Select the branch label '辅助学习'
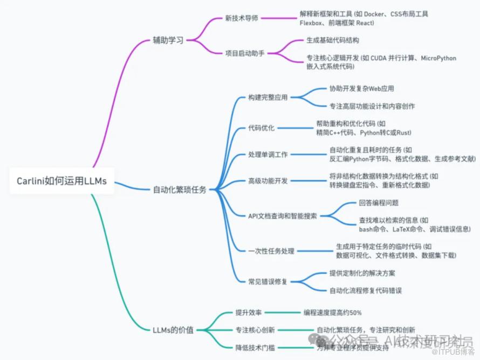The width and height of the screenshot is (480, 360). point(168,40)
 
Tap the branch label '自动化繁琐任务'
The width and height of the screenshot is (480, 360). point(180,189)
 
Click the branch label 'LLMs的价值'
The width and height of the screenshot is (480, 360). point(173,329)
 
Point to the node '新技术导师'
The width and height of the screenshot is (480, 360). point(242,18)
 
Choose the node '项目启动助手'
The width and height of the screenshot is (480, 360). point(245,53)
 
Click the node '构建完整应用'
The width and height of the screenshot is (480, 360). point(268,97)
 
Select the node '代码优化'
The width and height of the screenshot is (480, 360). point(261,128)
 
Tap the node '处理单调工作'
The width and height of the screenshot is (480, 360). point(268,154)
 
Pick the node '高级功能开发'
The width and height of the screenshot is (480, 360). point(268,181)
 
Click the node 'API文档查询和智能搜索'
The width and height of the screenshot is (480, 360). point(283,216)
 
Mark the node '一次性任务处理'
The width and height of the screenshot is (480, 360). point(271,251)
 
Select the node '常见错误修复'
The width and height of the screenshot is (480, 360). point(268,281)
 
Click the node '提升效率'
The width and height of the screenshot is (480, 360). point(249,313)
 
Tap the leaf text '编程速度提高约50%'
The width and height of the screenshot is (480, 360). point(332,313)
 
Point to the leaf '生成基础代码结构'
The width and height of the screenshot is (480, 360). point(333,40)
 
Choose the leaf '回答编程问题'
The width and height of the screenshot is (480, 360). point(379,203)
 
